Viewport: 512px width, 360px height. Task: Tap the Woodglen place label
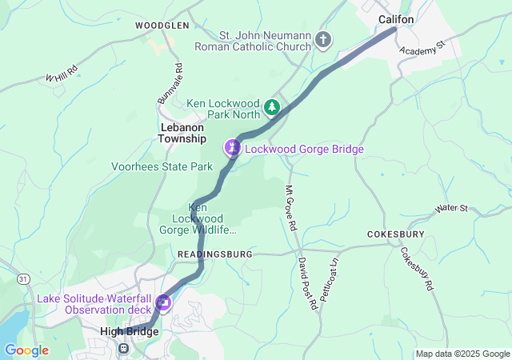(162, 26)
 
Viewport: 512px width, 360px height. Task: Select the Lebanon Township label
(183, 133)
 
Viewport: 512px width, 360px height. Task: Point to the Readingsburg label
(214, 254)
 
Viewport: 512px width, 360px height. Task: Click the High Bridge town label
(130, 331)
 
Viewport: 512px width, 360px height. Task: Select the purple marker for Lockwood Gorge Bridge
(232, 147)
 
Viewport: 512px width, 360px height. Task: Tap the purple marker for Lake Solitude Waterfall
(163, 302)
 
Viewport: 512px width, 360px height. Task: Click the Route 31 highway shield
(23, 278)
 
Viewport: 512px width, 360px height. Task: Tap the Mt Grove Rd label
(290, 208)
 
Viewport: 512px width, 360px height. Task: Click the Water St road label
(451, 209)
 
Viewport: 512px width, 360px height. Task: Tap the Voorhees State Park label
(162, 167)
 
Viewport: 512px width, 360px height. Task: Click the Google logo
(26, 350)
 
